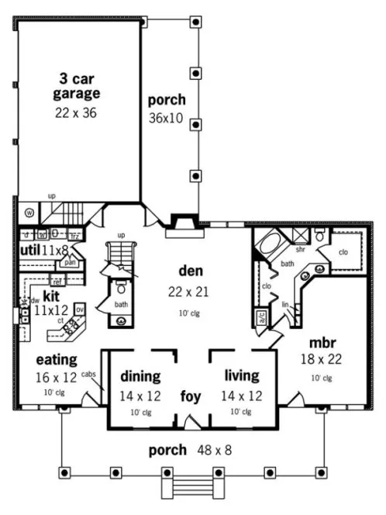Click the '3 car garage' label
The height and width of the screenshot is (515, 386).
coord(77,86)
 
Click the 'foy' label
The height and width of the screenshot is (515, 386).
coord(191,396)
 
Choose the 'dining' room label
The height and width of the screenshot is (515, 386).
coord(140,377)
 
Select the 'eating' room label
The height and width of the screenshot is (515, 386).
coord(55,360)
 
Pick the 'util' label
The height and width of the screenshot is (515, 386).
coord(31,250)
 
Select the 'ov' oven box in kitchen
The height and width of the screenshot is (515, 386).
coord(79,309)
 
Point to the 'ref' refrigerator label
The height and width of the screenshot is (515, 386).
coord(57,282)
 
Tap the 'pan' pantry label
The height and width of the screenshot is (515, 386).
coord(70,262)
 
